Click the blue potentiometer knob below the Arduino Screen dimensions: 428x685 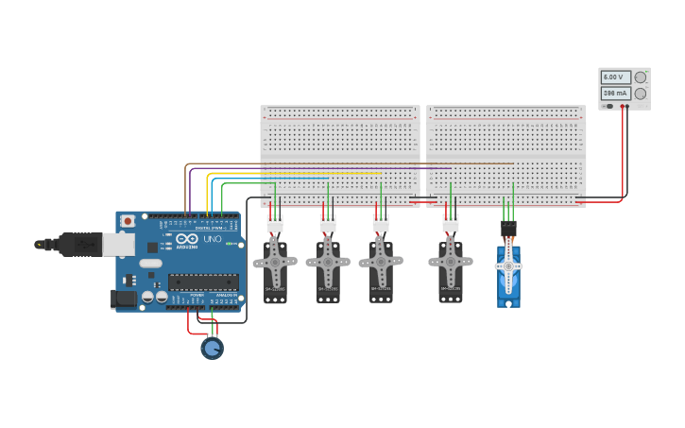coord(212,349)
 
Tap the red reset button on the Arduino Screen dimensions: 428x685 coord(128,220)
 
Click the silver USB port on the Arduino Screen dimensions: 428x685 coord(117,245)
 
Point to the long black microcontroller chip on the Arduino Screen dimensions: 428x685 coord(203,282)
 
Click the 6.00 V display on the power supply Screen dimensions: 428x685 coord(615,77)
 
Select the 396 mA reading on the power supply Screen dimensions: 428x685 coord(615,94)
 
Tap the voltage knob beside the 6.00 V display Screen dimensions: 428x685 coord(641,77)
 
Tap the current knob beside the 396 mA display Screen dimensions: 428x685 coord(641,94)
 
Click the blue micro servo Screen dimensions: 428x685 coord(508,276)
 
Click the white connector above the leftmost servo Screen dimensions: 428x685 coord(275,224)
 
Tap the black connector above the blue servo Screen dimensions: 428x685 coord(508,229)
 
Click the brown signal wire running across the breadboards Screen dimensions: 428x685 coord(378,163)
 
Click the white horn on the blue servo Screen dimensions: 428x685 coord(508,267)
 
